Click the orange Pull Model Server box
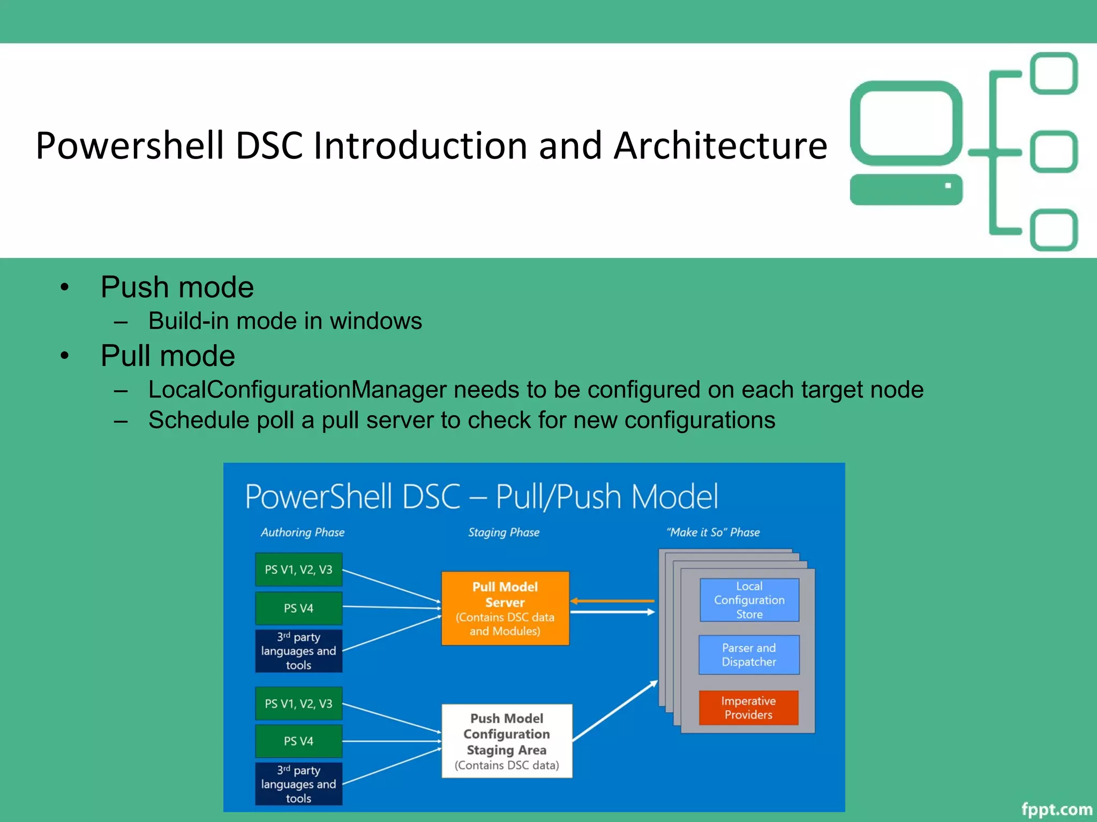(x=505, y=608)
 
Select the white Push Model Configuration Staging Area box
(x=507, y=741)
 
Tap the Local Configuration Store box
(x=749, y=600)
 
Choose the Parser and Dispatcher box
(x=749, y=654)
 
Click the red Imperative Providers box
(x=748, y=707)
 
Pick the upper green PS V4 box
(x=298, y=608)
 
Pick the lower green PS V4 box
(x=298, y=741)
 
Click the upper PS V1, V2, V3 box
(x=298, y=569)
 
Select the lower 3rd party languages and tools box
(x=298, y=784)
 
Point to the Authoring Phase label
(x=303, y=532)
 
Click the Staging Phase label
(x=504, y=532)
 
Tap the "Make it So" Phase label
(x=713, y=532)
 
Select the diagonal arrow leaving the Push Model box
(x=615, y=711)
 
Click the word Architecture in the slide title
(x=720, y=146)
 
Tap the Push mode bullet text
(x=177, y=287)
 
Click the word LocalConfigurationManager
(x=297, y=390)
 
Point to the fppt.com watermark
(x=1056, y=809)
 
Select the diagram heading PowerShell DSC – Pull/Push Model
(x=481, y=497)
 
